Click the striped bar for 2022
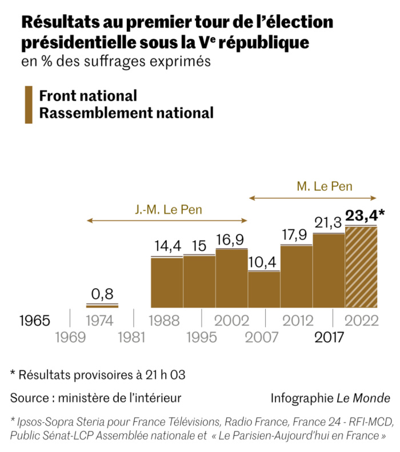click(x=361, y=267)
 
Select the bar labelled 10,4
click(x=264, y=289)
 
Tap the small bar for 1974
click(x=102, y=306)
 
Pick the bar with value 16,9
click(x=231, y=278)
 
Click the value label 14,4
click(x=167, y=247)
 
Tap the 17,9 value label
click(x=296, y=235)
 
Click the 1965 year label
click(x=35, y=320)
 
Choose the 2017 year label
click(x=329, y=337)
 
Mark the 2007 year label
click(x=263, y=337)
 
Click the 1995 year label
click(x=199, y=337)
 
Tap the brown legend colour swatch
click(x=28, y=105)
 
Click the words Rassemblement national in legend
click(x=126, y=113)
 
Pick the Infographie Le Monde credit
click(x=330, y=397)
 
